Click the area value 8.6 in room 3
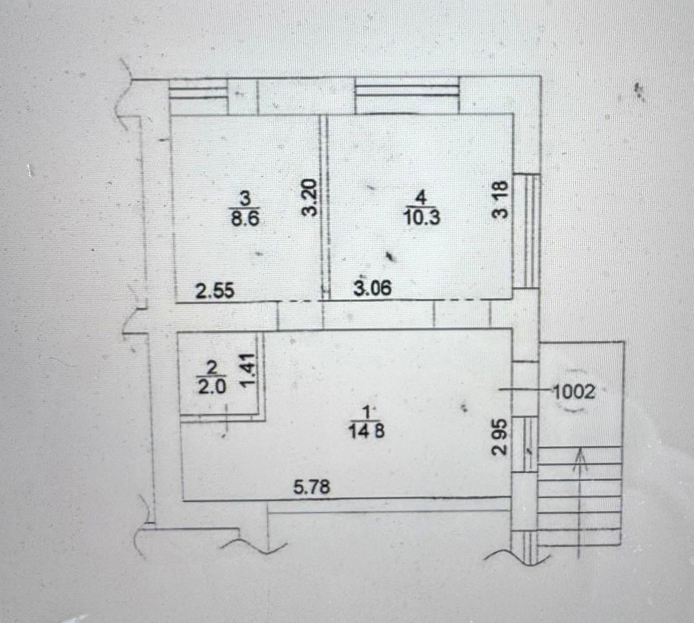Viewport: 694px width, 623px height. [x=245, y=216]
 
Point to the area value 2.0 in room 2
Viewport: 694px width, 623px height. [x=211, y=388]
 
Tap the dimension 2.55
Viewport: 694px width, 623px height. [x=215, y=291]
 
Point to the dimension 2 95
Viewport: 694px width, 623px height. [x=498, y=436]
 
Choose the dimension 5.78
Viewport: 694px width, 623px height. [x=312, y=486]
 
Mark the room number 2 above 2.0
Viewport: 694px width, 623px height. [x=212, y=369]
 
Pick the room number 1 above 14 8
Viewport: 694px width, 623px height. [x=367, y=413]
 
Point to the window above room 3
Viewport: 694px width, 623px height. [x=198, y=97]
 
